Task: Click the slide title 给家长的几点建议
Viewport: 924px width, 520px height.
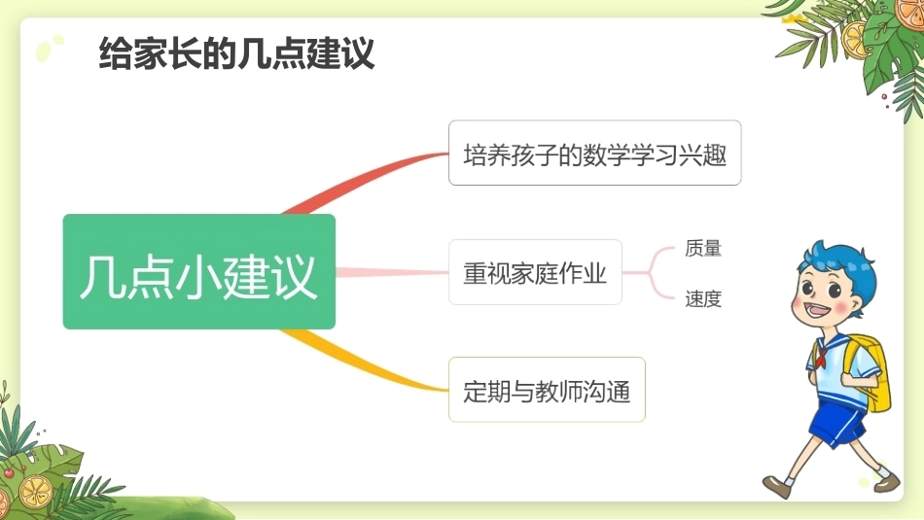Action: [x=236, y=53]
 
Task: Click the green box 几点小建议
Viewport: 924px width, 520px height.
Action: [x=199, y=271]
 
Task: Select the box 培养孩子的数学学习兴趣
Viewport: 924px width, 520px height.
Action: [x=594, y=154]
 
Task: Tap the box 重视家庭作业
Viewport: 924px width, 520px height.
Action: [x=535, y=272]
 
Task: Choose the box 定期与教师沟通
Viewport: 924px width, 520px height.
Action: [x=547, y=389]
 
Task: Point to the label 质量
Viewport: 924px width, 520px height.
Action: [x=703, y=248]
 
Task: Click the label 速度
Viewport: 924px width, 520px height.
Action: [x=703, y=298]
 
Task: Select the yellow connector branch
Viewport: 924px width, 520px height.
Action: [x=363, y=363]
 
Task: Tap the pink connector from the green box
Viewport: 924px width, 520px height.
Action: [x=392, y=272]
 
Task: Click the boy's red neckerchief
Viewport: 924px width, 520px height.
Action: [x=821, y=355]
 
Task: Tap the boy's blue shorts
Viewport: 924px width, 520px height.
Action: [x=836, y=419]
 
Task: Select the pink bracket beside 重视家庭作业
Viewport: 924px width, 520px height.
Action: [x=651, y=273]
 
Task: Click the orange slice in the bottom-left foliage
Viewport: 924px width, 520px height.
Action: [x=35, y=492]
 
